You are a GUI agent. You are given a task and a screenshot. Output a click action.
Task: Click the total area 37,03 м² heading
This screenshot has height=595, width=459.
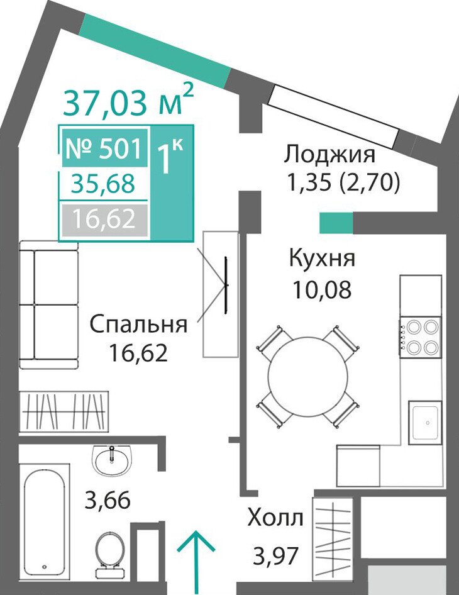pyautogui.click(x=128, y=100)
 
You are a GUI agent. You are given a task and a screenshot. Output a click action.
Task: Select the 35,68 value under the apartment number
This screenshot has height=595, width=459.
pyautogui.click(x=104, y=184)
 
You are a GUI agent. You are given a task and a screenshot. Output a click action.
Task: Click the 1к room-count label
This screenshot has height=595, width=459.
pyautogui.click(x=170, y=157)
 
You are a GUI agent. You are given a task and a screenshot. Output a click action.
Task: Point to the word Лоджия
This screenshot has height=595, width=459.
pyautogui.click(x=329, y=155)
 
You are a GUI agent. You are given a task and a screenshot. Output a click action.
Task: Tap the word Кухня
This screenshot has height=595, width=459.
pyautogui.click(x=322, y=259)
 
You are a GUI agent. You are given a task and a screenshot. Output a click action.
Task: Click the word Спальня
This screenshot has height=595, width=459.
pyautogui.click(x=138, y=325)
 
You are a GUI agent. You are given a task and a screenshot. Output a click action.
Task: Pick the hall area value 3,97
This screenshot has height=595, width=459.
pyautogui.click(x=275, y=555)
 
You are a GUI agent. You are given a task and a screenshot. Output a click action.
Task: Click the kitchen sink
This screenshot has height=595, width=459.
pyautogui.click(x=425, y=423)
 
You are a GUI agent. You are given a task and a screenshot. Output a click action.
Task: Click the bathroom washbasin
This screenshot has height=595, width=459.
pyautogui.click(x=113, y=460)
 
